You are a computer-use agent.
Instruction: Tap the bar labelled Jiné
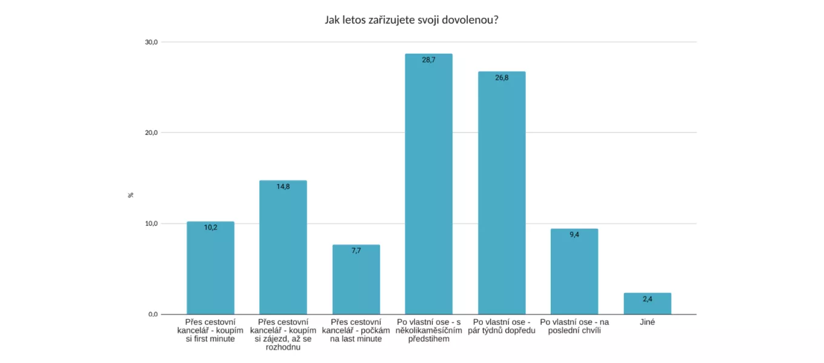648,304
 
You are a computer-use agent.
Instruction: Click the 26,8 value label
501,77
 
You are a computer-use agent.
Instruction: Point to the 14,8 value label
283,186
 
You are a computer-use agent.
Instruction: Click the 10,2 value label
210,227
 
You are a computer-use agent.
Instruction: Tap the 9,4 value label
574,234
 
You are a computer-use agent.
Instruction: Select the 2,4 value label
648,299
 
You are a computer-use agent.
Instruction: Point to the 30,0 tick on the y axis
151,42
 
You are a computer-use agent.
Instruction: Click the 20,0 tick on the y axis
151,133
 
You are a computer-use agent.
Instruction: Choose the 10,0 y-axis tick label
151,224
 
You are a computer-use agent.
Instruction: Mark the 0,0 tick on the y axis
152,315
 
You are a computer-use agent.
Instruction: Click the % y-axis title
131,195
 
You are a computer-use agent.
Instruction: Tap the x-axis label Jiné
648,322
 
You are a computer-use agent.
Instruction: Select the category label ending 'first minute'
210,330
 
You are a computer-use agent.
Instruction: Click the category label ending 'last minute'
356,330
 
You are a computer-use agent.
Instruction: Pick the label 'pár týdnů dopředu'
501,326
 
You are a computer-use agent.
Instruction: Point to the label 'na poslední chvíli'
574,326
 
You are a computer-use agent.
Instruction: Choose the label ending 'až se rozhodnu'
283,335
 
